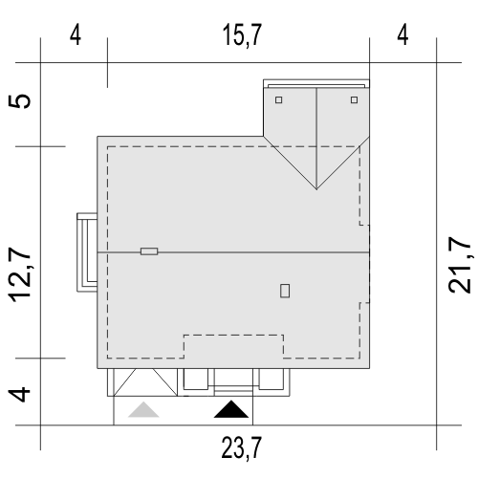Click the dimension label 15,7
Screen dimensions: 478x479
242,35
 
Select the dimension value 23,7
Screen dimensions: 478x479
242,447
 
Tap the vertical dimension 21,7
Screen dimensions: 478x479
459,265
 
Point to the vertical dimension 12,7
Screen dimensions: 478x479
20,274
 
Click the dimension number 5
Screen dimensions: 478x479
20,101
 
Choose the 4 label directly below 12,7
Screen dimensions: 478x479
19,394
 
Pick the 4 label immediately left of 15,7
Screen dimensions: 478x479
76,35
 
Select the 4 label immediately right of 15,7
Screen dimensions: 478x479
402,35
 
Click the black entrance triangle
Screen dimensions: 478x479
231,409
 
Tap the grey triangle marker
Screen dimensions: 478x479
143,410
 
